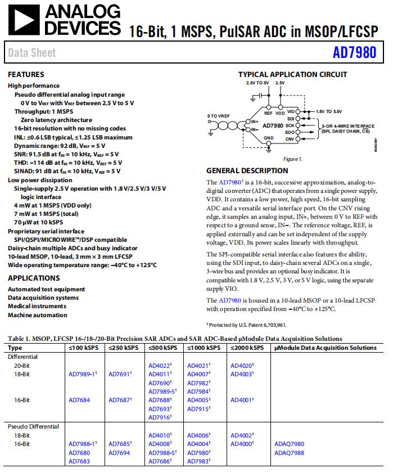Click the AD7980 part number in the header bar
354,53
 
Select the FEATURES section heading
26,74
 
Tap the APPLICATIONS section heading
34,278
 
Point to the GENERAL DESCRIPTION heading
247,170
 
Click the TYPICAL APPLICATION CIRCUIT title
292,74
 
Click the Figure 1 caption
292,159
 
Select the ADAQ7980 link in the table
289,444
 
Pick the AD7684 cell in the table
79,400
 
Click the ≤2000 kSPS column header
247,348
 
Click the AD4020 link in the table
241,365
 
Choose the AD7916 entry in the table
160,417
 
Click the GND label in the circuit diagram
269,138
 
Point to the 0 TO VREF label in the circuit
219,115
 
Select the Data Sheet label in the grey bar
32,53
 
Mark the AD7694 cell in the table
119,452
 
